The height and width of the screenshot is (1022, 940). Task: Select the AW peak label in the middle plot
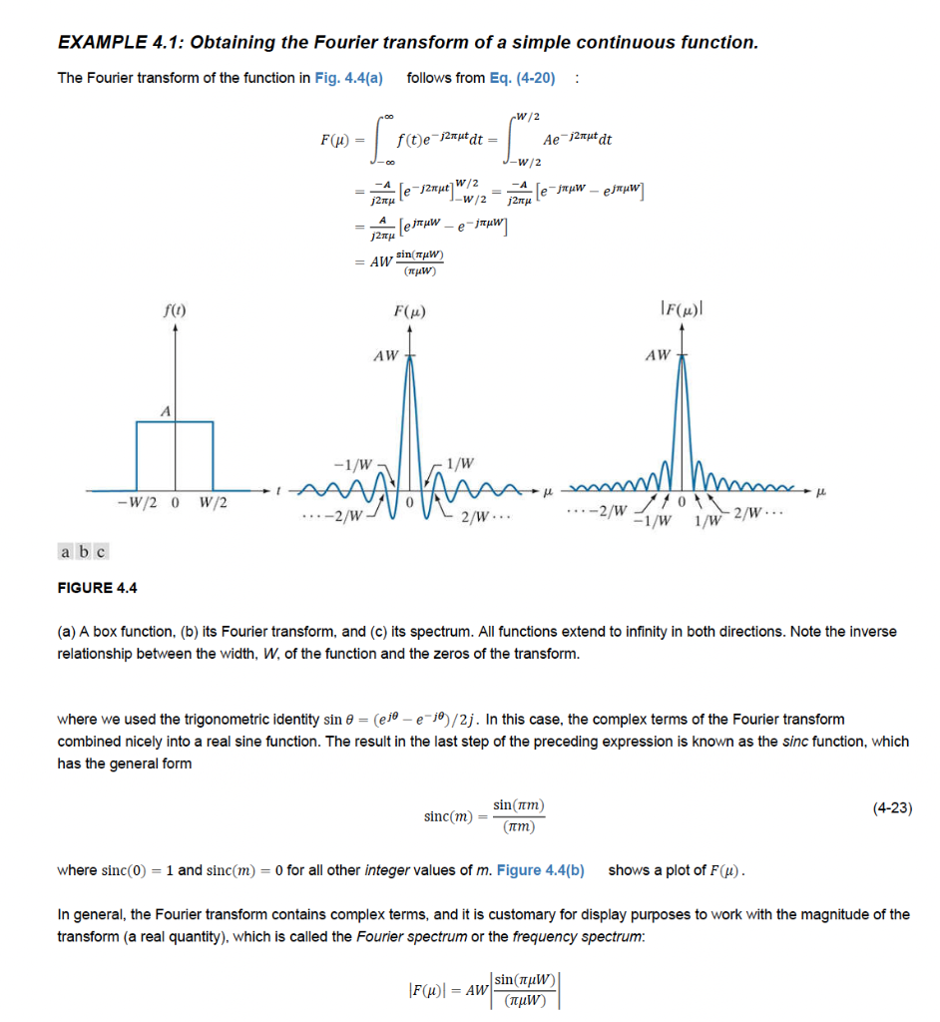[x=384, y=354]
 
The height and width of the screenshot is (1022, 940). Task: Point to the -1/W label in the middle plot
[x=352, y=463]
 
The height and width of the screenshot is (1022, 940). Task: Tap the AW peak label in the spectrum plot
[x=658, y=354]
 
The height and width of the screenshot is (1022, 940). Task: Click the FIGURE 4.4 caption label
[x=98, y=587]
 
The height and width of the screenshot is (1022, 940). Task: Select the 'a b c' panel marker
[x=84, y=551]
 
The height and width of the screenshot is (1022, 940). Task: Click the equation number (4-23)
[x=890, y=808]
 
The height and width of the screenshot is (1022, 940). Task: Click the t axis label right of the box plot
[x=278, y=490]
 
